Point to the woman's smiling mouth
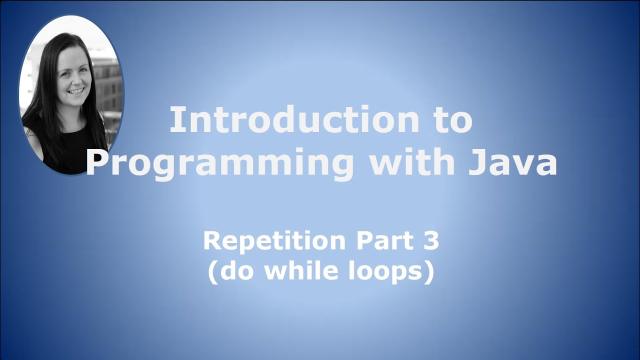pos(76,91)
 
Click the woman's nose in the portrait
pos(75,80)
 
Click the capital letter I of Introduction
pos(174,121)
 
